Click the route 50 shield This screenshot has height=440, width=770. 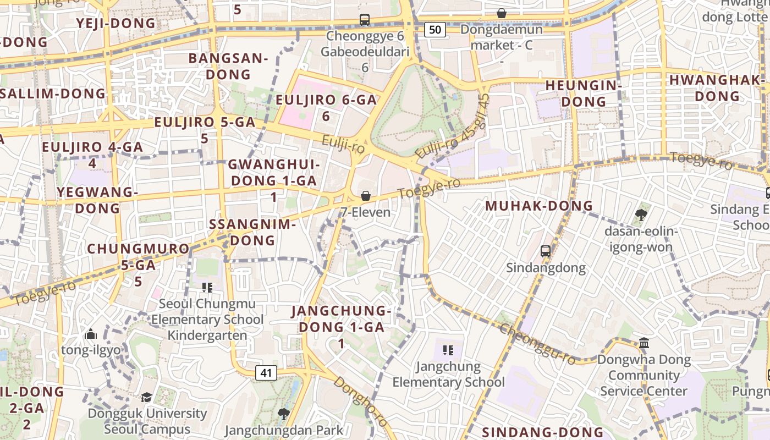pyautogui.click(x=435, y=30)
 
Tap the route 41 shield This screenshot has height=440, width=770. pyautogui.click(x=266, y=373)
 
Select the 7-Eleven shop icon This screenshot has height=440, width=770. pyautogui.click(x=365, y=196)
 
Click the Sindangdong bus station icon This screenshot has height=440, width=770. pyautogui.click(x=546, y=251)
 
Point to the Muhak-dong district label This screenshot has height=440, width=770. pyautogui.click(x=538, y=206)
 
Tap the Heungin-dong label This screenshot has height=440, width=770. pyautogui.click(x=584, y=94)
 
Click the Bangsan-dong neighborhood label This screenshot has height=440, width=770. pyautogui.click(x=228, y=66)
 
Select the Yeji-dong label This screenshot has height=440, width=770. pyautogui.click(x=116, y=23)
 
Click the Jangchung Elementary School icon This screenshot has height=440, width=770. pyautogui.click(x=448, y=350)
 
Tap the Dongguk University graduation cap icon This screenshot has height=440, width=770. pyautogui.click(x=147, y=397)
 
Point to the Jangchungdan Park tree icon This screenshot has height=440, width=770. pyautogui.click(x=284, y=413)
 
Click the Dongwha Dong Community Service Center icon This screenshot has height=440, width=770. pyautogui.click(x=644, y=344)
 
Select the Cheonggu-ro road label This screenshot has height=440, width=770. pyautogui.click(x=537, y=344)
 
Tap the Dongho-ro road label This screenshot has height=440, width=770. pyautogui.click(x=360, y=400)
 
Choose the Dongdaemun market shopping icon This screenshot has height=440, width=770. pyautogui.click(x=502, y=13)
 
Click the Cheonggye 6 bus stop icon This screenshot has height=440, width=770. pyautogui.click(x=364, y=20)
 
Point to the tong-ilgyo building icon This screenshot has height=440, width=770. pyautogui.click(x=91, y=334)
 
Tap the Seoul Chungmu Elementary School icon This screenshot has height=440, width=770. pyautogui.click(x=207, y=287)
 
